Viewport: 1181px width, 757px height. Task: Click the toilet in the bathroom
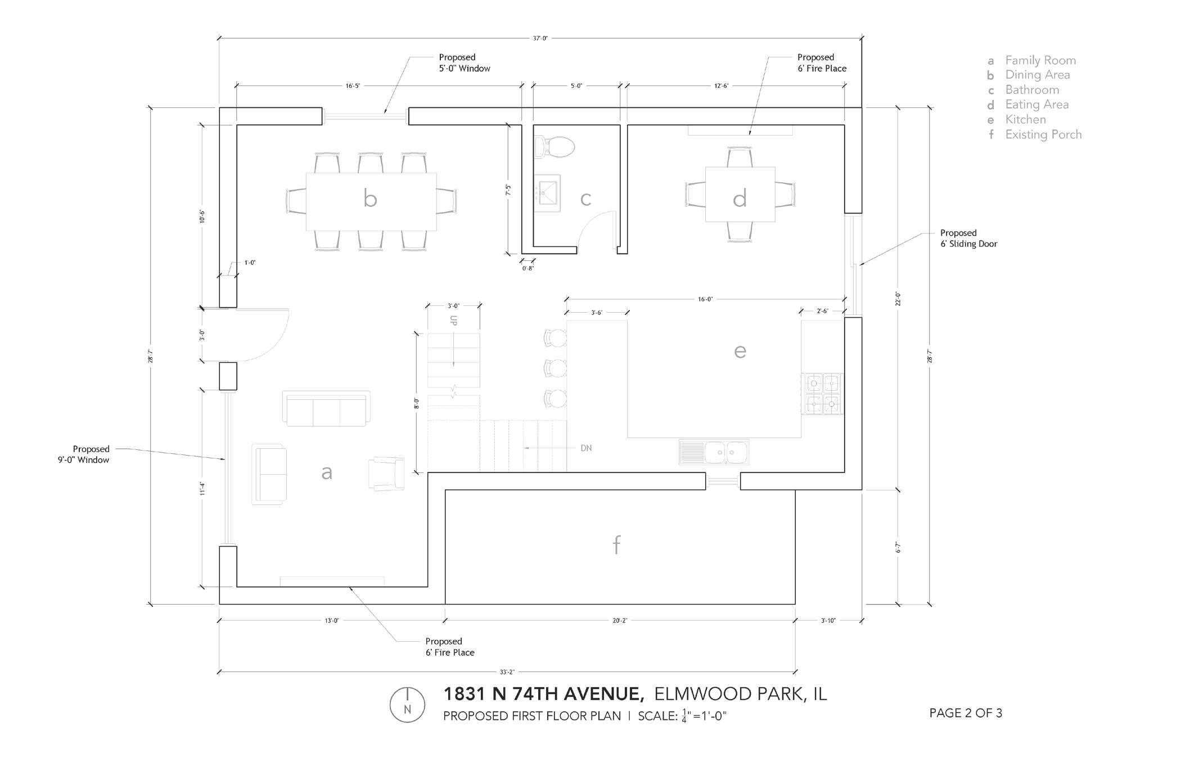tap(555, 147)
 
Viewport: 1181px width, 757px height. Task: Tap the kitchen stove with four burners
tap(823, 394)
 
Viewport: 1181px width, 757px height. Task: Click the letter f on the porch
tap(617, 544)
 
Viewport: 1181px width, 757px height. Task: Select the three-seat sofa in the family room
tap(327, 409)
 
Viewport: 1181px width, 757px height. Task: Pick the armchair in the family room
tap(387, 474)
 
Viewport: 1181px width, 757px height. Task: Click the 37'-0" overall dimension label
tap(540, 38)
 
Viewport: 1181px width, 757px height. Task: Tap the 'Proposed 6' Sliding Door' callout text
tap(968, 238)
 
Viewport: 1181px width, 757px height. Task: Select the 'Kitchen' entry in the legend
tap(1025, 119)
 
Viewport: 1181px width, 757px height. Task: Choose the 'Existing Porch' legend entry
tap(1043, 134)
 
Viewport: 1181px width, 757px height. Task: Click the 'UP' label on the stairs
tap(453, 321)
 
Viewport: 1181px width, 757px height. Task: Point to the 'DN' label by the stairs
tap(586, 448)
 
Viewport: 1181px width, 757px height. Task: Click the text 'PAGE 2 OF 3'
tap(966, 713)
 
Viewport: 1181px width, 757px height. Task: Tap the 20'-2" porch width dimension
tap(619, 621)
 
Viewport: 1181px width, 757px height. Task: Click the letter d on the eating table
tap(740, 199)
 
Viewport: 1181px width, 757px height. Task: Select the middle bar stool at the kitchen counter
tap(556, 368)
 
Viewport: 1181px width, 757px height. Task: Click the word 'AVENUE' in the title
tap(604, 694)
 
